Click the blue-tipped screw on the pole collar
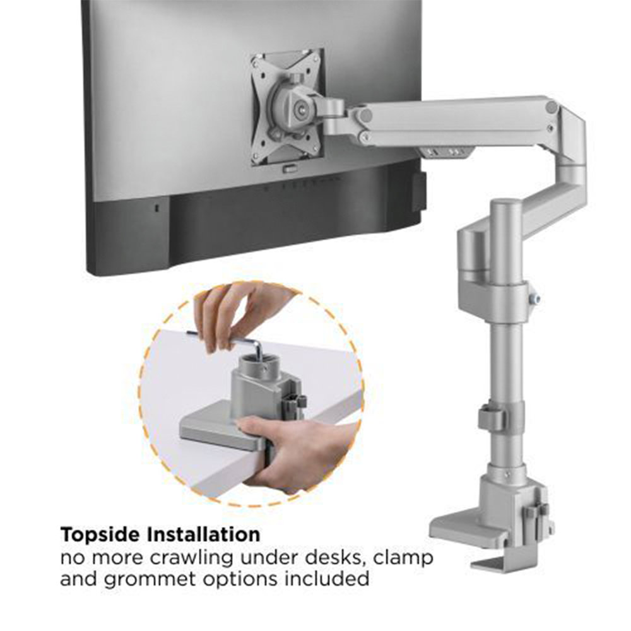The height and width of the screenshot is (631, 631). pos(534,298)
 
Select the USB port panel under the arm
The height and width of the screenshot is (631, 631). pos(445,152)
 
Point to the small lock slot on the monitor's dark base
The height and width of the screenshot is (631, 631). pos(157,208)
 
